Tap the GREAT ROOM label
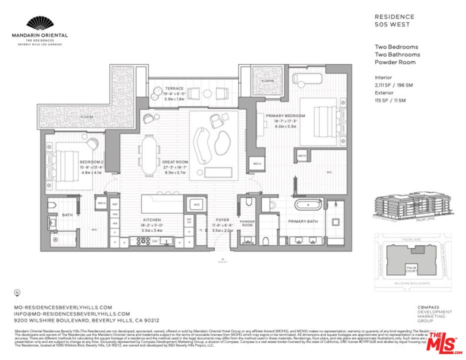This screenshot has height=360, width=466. pos(174,162)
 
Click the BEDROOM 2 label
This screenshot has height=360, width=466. pos(91,162)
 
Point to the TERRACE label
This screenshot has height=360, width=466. pos(174,88)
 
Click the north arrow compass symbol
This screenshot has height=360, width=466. pos(18,292)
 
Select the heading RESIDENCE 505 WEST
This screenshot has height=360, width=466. pos(394,20)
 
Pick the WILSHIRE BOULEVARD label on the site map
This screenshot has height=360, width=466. pos(411,283)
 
